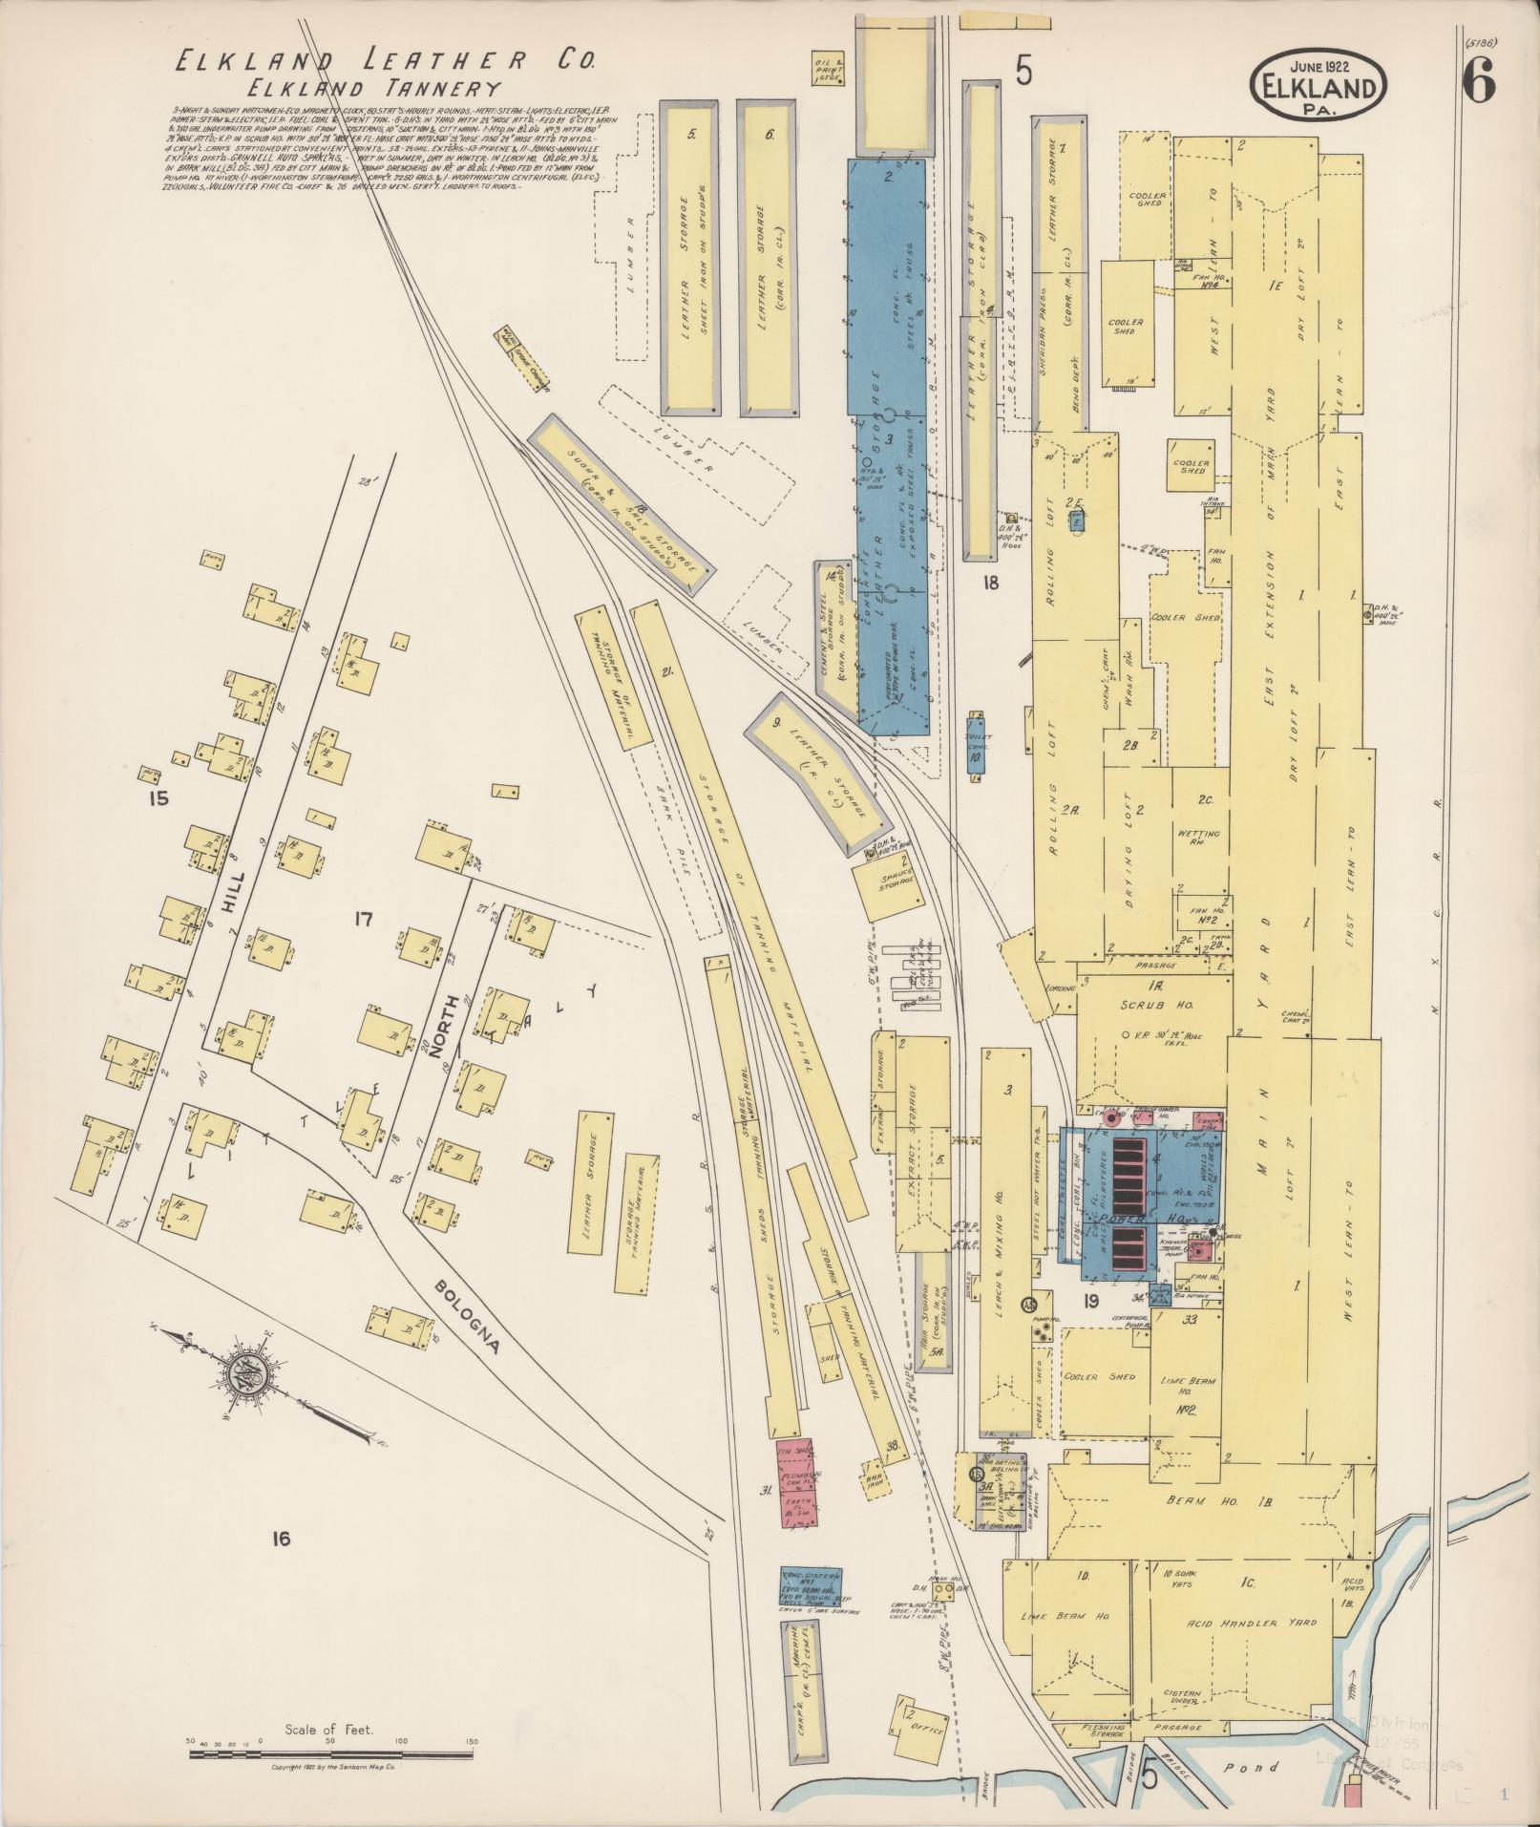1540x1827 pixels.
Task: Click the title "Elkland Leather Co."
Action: tap(384, 62)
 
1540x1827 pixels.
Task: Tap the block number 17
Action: tap(362, 920)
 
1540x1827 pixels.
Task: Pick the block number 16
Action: tap(280, 1539)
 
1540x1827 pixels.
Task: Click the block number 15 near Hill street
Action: tap(158, 797)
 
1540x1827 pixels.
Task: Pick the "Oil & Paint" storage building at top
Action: tap(827, 73)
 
